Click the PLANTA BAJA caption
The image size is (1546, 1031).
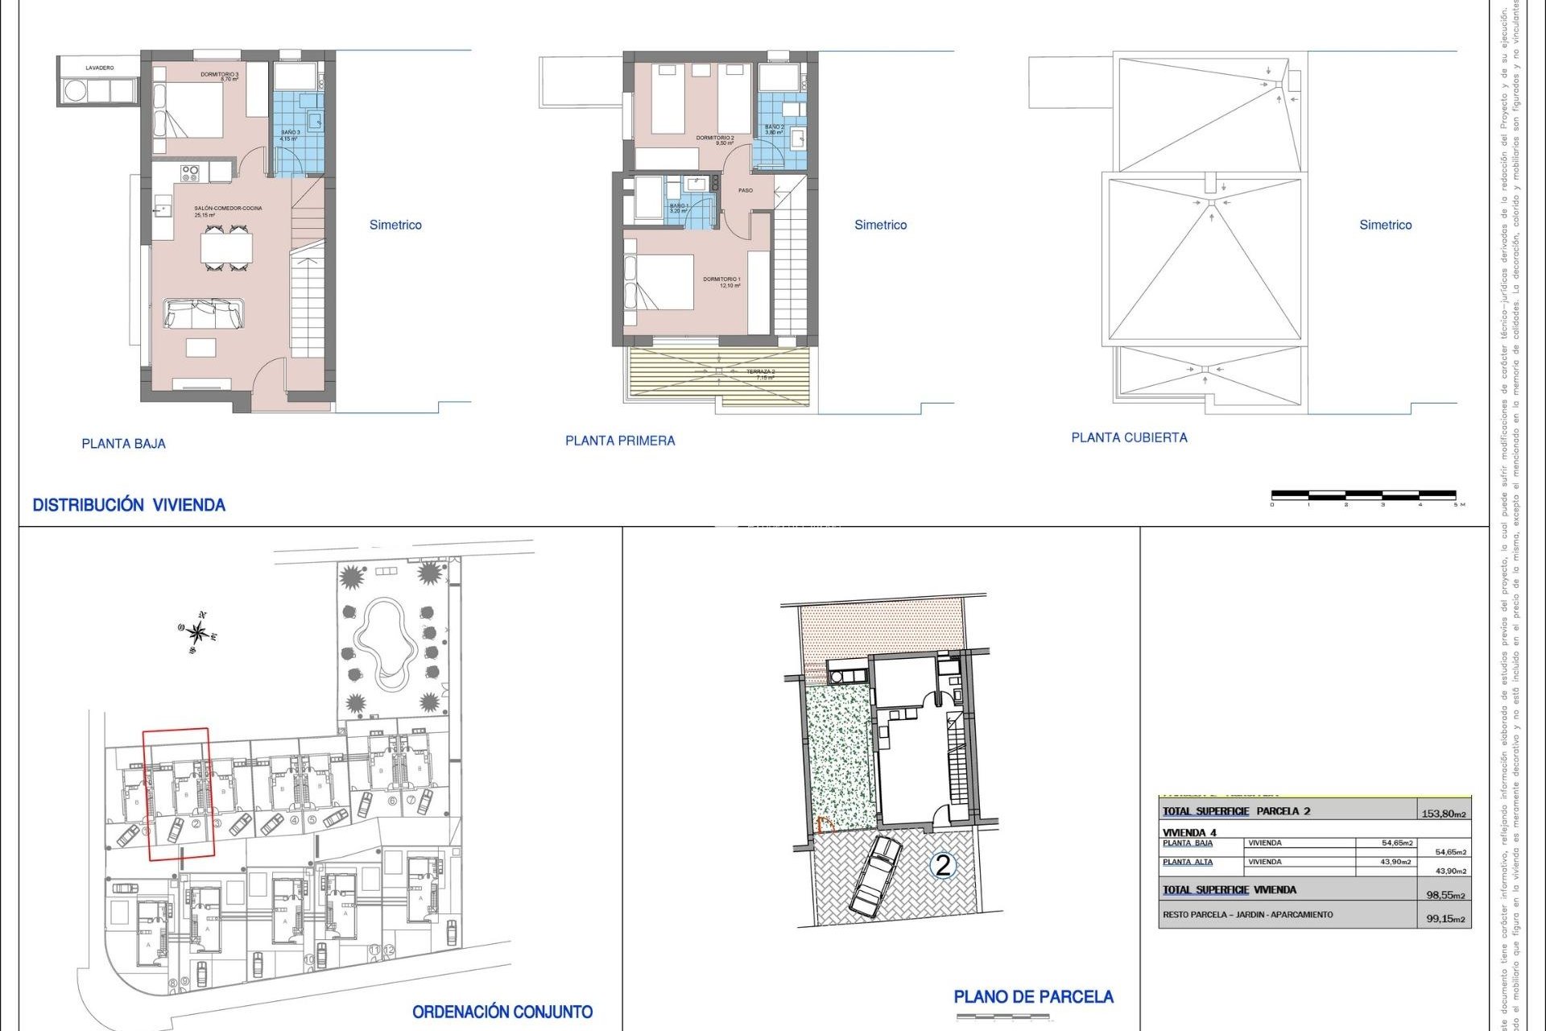123,444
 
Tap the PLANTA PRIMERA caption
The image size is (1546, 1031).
620,441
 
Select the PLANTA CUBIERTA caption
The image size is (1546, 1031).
1129,437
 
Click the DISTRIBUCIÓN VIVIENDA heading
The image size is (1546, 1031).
129,505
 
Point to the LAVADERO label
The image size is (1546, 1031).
100,68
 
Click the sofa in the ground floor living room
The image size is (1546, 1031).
204,313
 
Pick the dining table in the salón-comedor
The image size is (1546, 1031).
226,247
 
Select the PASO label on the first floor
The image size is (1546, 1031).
746,191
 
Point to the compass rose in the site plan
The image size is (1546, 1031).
197,633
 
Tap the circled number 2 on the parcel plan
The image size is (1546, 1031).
942,865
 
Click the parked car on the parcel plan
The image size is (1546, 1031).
876,876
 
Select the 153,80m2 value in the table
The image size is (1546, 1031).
1443,814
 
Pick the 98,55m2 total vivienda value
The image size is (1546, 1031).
1445,895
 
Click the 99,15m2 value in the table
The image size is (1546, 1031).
1445,918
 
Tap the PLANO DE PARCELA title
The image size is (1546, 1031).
1033,997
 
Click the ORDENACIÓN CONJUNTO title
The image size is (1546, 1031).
502,1012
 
